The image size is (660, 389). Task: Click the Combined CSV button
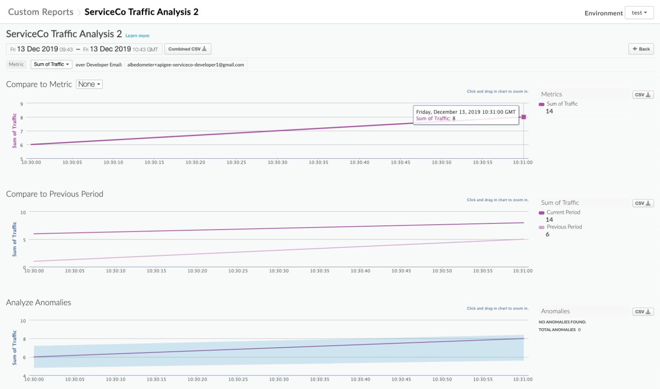coord(188,49)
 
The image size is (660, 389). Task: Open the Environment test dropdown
coord(639,13)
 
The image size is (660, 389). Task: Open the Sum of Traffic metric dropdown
coord(51,64)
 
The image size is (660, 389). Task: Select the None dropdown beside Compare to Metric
coord(89,84)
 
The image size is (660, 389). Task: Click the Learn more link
coord(137,36)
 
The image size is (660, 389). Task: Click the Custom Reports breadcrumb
coord(40,12)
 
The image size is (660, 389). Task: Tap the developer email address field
coord(185,65)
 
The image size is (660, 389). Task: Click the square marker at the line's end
coord(523,117)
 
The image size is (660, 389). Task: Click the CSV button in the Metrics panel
coord(643,95)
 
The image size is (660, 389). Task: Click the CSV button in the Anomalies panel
coord(643,312)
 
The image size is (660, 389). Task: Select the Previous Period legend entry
coord(564,227)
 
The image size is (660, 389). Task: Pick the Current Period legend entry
coord(563,212)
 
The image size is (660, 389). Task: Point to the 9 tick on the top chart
coord(22,104)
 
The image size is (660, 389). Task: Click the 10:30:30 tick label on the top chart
coord(277,163)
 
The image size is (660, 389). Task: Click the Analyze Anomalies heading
coord(38,303)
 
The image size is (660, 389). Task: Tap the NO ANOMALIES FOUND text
coord(562,322)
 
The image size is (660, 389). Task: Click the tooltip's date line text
coord(466,112)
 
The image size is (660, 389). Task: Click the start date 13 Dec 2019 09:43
coord(41,49)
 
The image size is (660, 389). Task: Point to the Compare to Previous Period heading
coord(54,194)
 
